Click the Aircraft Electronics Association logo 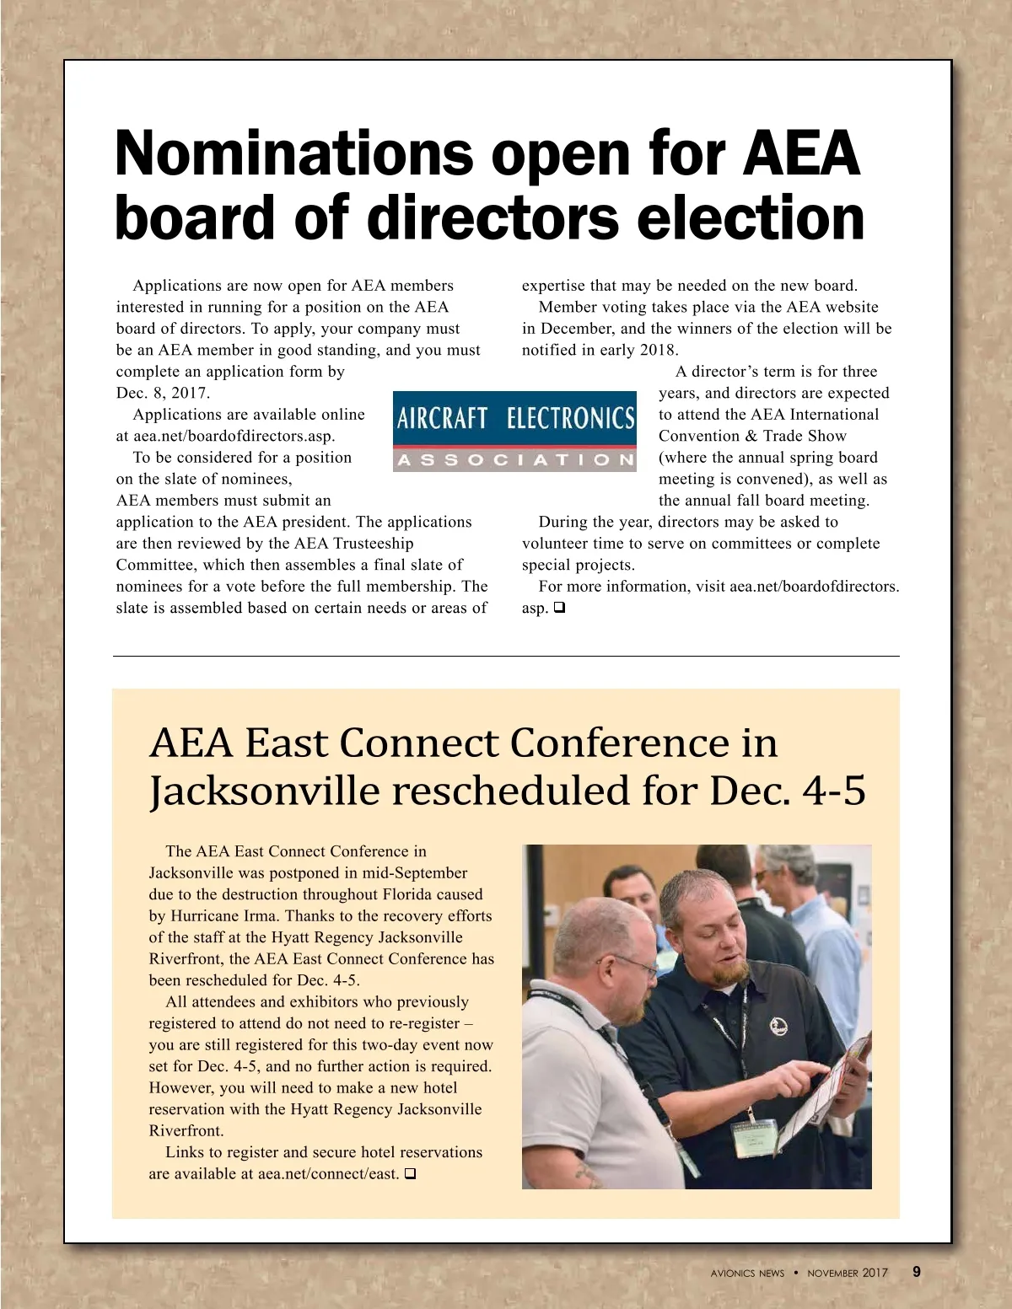pyautogui.click(x=514, y=431)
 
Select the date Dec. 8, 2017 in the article pyautogui.click(x=163, y=393)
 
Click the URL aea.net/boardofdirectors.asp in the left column pyautogui.click(x=234, y=436)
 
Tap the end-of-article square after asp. pyautogui.click(x=559, y=608)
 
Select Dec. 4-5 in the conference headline pyautogui.click(x=788, y=791)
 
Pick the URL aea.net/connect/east pyautogui.click(x=328, y=1174)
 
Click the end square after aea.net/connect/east pyautogui.click(x=411, y=1174)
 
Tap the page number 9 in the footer pyautogui.click(x=917, y=1272)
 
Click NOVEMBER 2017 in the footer pyautogui.click(x=848, y=1273)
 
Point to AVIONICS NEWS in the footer pyautogui.click(x=747, y=1273)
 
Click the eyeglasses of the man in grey pyautogui.click(x=634, y=965)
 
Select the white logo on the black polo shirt pyautogui.click(x=779, y=1025)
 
